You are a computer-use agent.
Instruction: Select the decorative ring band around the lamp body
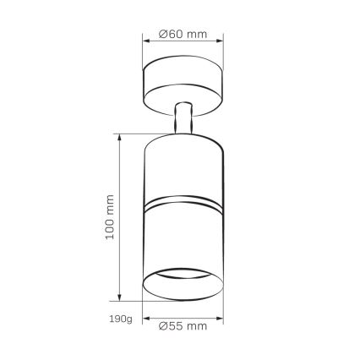coord(182,206)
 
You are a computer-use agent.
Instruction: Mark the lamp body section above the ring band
coord(182,169)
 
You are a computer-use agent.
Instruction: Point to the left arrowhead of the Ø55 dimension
coord(145,315)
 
